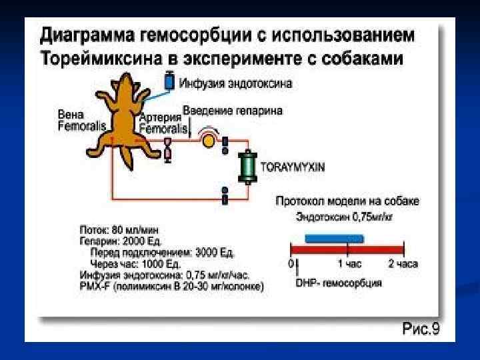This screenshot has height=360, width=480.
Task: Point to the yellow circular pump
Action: tap(208, 141)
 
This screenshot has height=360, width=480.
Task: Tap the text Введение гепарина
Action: tap(233, 110)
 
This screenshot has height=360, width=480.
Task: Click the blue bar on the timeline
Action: tap(334, 238)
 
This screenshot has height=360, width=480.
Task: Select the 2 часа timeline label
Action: tap(403, 264)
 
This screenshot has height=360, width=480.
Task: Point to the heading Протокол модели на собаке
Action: tap(347, 201)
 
